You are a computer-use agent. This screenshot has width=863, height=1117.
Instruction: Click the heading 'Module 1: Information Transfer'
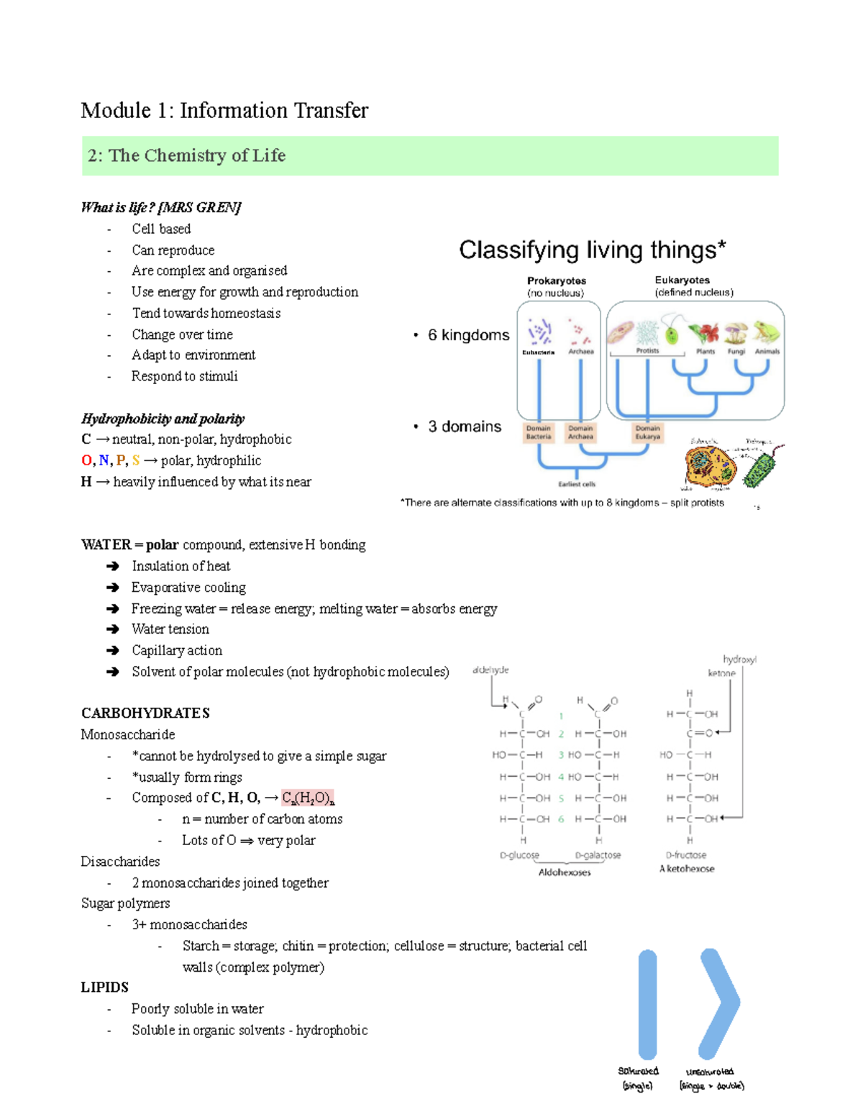tap(224, 111)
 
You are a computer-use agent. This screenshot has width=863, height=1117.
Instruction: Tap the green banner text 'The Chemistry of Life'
tap(196, 155)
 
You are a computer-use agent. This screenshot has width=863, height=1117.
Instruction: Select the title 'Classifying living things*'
tap(592, 250)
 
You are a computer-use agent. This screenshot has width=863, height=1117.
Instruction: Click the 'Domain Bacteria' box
tap(538, 432)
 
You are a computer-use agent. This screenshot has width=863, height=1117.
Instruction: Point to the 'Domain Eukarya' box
tap(647, 432)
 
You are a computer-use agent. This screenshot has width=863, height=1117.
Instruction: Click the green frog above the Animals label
tap(766, 332)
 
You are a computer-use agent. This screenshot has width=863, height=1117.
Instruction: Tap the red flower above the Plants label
tap(704, 334)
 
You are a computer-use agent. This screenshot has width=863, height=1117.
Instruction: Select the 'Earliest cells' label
tap(577, 484)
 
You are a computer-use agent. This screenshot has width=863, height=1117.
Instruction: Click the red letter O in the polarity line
tap(86, 460)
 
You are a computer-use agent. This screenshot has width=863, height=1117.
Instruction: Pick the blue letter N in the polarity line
tap(104, 460)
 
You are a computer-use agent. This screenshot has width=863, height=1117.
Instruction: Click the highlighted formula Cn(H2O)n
tap(308, 798)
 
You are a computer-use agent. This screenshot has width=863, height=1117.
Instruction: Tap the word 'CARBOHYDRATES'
tap(145, 713)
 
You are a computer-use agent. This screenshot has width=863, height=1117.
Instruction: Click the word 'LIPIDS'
tap(105, 988)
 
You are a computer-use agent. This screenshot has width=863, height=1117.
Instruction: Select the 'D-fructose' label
tap(686, 855)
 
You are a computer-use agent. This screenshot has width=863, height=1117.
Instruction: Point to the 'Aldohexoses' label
tap(565, 872)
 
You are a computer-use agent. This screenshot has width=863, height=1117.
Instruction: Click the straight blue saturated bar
tap(647, 1004)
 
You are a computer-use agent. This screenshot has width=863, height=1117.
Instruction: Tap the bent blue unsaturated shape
tap(719, 1003)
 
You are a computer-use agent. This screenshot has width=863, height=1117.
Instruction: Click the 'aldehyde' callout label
tap(490, 670)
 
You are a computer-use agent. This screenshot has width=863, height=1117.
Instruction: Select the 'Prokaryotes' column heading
tap(556, 281)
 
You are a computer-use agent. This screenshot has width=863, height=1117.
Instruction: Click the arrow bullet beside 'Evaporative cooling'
tap(112, 588)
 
